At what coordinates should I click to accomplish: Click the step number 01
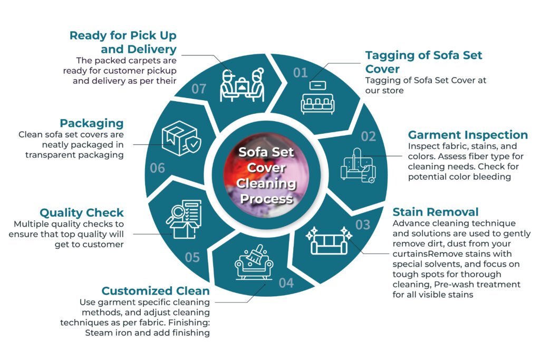[300, 73]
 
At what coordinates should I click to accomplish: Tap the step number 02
[369, 137]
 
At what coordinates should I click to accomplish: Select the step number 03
[363, 225]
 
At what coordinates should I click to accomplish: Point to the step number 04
[286, 283]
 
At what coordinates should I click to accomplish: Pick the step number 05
[192, 257]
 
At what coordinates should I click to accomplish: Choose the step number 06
[157, 168]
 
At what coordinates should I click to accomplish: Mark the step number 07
[199, 89]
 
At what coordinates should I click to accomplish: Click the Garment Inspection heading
[468, 134]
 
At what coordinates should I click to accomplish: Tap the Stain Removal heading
[436, 212]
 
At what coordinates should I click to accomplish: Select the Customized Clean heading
[156, 291]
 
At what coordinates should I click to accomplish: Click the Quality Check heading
[82, 213]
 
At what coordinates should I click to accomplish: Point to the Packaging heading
[92, 123]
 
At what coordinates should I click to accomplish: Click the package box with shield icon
[181, 138]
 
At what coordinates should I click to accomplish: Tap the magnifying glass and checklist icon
[184, 219]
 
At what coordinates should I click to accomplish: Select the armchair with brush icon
[254, 261]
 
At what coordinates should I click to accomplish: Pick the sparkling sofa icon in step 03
[329, 240]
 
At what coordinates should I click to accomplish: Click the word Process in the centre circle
[266, 199]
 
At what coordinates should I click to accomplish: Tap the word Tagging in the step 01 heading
[388, 55]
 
